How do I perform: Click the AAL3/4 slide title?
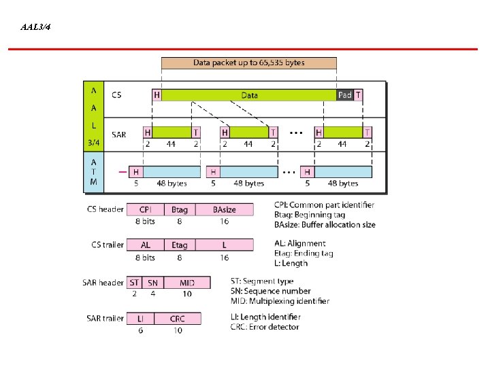coord(35,27)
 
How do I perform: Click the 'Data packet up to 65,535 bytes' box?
coord(249,63)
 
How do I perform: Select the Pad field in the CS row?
coord(345,95)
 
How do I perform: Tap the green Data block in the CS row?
coord(249,95)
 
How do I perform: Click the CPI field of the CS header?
coord(146,209)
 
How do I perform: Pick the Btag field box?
coord(180,209)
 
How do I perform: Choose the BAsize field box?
coord(224,209)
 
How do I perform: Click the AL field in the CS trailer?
coord(146,245)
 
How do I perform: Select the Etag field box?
coord(180,245)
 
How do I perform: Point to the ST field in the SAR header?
coord(134,282)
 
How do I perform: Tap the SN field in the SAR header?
coord(152,282)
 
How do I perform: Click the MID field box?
coord(186,282)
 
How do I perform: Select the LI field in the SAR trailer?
coord(140,318)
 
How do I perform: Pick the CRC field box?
coord(178,318)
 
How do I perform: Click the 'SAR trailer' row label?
coord(103,318)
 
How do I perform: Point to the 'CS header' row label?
coord(105,209)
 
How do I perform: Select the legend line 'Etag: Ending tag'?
coord(304,254)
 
